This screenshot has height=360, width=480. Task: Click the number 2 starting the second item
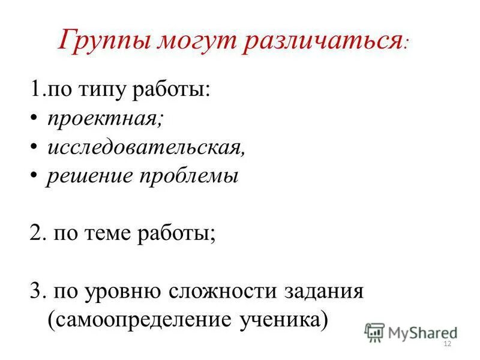pyautogui.click(x=35, y=233)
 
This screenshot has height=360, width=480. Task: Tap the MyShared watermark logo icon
pyautogui.click(x=374, y=331)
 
